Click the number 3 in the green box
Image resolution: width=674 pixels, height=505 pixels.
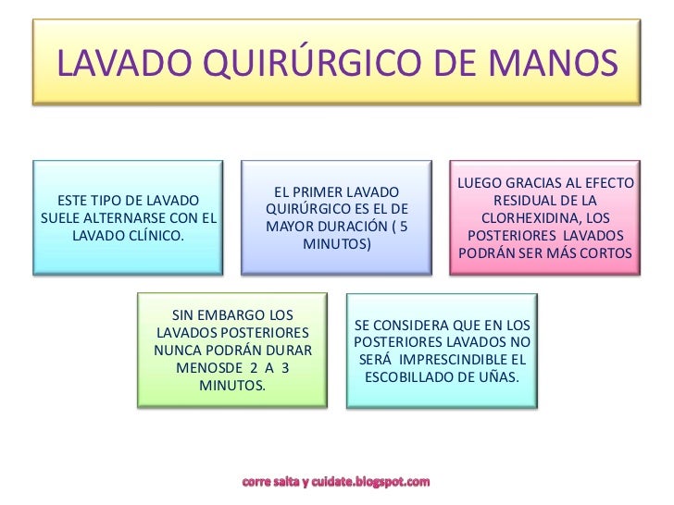tap(284, 367)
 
